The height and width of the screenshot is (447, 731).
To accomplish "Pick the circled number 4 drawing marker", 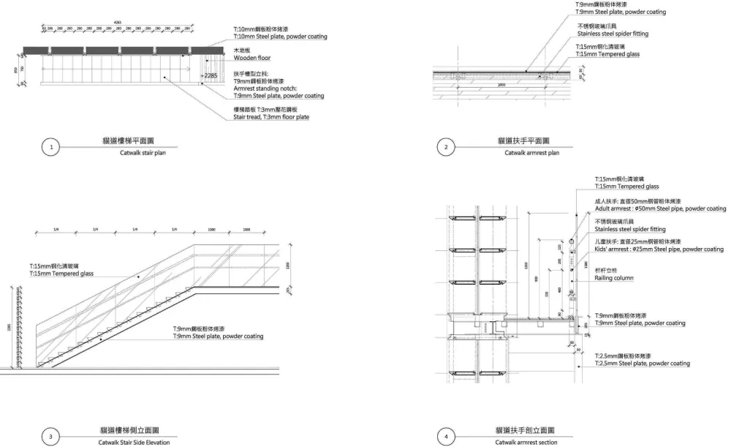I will (447, 437).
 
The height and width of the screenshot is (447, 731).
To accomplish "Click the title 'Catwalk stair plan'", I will (143, 153).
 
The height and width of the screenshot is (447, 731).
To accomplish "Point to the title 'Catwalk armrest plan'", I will (531, 153).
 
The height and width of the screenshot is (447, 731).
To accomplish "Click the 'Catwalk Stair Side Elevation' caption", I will (134, 443).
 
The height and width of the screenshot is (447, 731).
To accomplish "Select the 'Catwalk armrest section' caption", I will (526, 443).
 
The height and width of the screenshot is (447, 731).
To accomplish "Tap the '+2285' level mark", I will (208, 75).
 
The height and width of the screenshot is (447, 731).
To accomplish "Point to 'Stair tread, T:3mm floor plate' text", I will (271, 116).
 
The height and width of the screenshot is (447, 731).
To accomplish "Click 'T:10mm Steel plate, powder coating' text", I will (280, 37).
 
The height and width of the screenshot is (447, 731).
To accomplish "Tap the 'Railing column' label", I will (614, 278).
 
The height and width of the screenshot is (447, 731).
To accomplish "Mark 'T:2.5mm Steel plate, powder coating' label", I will (642, 363).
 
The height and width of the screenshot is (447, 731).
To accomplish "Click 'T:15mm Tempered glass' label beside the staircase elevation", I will (61, 274).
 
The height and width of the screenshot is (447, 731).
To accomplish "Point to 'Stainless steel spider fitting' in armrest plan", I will (613, 34).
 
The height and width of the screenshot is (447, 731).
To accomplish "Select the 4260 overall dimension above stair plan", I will (117, 23).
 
